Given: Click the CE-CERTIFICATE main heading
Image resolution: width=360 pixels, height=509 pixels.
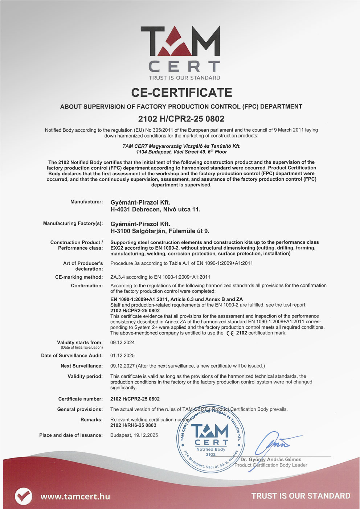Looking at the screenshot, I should pyautogui.click(x=181, y=93).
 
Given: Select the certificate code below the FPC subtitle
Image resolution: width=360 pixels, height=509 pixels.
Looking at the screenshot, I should pyautogui.click(x=181, y=119).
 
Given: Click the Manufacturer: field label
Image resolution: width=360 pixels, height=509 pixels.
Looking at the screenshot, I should pyautogui.click(x=86, y=202).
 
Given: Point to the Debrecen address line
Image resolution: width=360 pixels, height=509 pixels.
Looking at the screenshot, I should pyautogui.click(x=155, y=209).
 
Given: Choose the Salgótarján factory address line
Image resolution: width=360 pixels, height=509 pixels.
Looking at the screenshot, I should pyautogui.click(x=160, y=231).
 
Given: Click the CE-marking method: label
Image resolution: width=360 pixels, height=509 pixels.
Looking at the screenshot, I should pyautogui.click(x=79, y=277).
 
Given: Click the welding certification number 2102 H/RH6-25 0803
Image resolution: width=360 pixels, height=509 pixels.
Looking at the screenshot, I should pyautogui.click(x=133, y=425).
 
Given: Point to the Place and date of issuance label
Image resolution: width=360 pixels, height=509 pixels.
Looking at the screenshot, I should pyautogui.click(x=71, y=435).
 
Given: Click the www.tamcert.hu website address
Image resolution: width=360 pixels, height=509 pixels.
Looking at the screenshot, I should pyautogui.click(x=75, y=496).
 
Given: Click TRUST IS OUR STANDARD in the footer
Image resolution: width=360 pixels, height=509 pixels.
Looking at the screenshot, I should pyautogui.click(x=301, y=496).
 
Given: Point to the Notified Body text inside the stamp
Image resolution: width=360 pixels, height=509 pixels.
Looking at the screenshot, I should pyautogui.click(x=211, y=449).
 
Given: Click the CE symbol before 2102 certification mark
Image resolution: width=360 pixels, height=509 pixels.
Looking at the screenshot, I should pyautogui.click(x=230, y=333).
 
